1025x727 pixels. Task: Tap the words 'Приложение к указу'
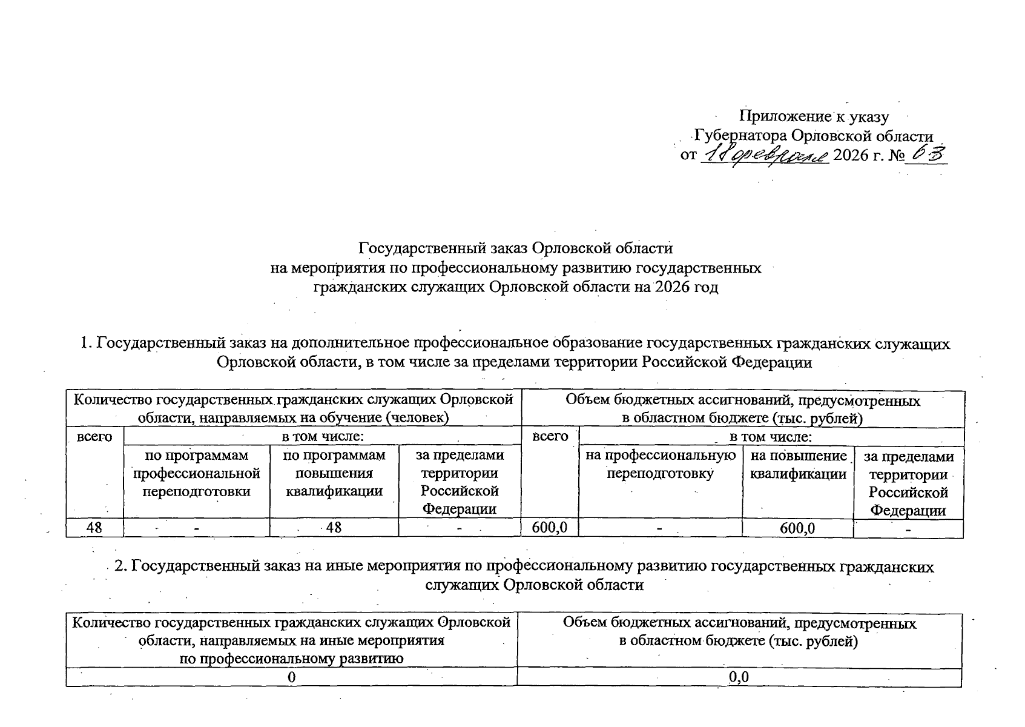[814, 116]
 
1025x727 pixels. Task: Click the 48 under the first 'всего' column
[94, 528]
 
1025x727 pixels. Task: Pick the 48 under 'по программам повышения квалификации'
[334, 528]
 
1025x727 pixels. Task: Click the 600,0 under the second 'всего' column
[549, 528]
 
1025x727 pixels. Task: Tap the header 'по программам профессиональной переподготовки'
[197, 473]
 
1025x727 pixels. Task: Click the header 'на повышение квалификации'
[798, 465]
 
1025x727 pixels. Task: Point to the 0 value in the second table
[292, 677]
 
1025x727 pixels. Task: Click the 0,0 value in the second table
[739, 677]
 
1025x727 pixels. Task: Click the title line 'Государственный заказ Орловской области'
[516, 248]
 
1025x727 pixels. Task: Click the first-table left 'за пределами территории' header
[460, 482]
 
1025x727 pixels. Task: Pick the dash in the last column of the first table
[908, 529]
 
